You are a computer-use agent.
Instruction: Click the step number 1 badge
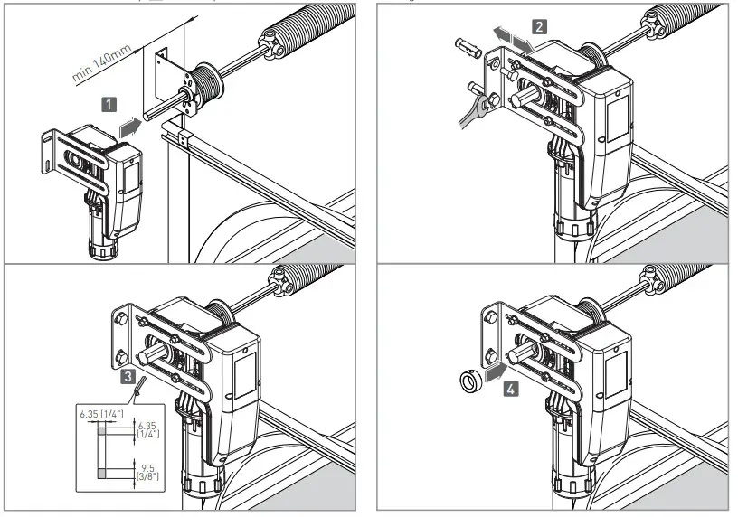coord(108,104)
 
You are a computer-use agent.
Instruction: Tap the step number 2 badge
coord(539,26)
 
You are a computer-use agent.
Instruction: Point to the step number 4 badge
coord(512,390)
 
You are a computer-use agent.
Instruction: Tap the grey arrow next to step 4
coord(492,371)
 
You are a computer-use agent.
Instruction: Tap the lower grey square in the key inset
coord(102,473)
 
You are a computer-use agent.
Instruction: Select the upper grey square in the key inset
coord(102,432)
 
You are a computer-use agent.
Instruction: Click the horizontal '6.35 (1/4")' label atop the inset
coord(101,413)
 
